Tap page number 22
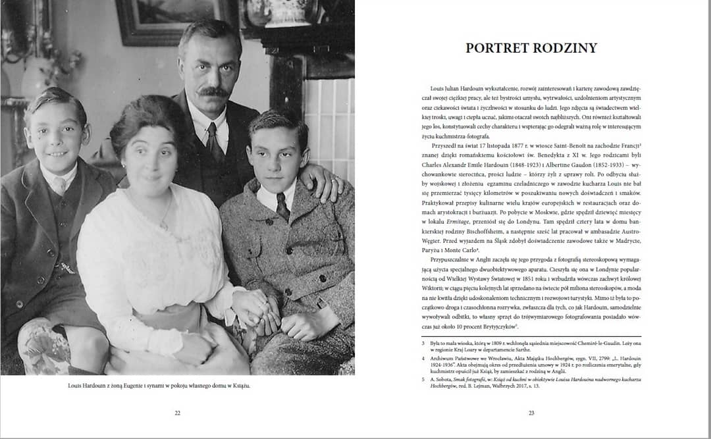click(177, 413)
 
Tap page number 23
click(531, 413)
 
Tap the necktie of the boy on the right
click(282, 205)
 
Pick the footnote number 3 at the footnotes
click(425, 342)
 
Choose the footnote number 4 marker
click(425, 360)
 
